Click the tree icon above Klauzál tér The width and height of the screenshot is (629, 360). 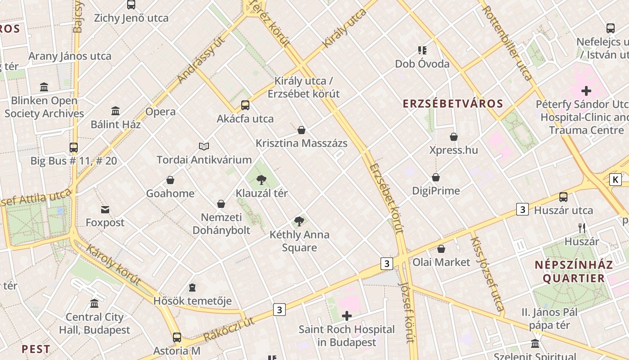(261, 180)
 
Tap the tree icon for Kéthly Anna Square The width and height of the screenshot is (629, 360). (299, 221)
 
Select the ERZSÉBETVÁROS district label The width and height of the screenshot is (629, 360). (453, 104)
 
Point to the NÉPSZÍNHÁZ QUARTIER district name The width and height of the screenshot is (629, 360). (574, 271)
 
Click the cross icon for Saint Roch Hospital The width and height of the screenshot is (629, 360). (346, 316)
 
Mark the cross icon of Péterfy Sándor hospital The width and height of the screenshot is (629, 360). (586, 91)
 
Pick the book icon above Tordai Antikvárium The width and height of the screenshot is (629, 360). (204, 146)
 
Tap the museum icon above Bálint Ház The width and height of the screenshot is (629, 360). (115, 111)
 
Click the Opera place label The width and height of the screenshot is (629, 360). (160, 112)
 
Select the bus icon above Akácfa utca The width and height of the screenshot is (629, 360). (245, 105)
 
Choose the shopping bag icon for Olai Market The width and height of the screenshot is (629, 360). (441, 249)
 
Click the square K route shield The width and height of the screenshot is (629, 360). (615, 180)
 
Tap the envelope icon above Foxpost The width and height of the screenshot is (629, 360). (105, 209)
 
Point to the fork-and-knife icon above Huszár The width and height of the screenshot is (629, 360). (582, 228)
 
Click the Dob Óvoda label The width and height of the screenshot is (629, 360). (422, 64)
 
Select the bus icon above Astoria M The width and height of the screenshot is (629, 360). (177, 337)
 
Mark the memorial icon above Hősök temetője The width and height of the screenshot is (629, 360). (192, 288)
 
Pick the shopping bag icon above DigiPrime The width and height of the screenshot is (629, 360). (436, 178)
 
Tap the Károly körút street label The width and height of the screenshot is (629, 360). (113, 265)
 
